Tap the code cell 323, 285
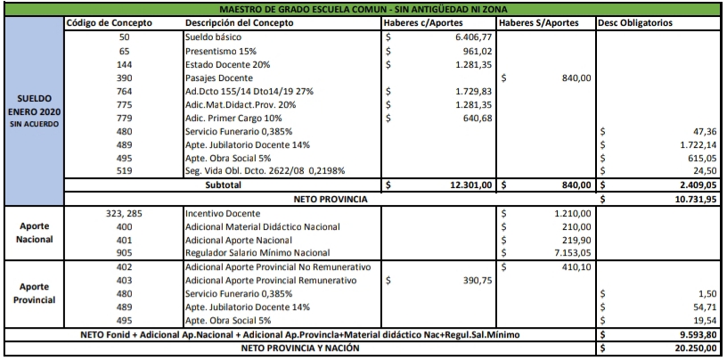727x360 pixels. (125, 214)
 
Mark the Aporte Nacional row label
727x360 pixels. (35, 233)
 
